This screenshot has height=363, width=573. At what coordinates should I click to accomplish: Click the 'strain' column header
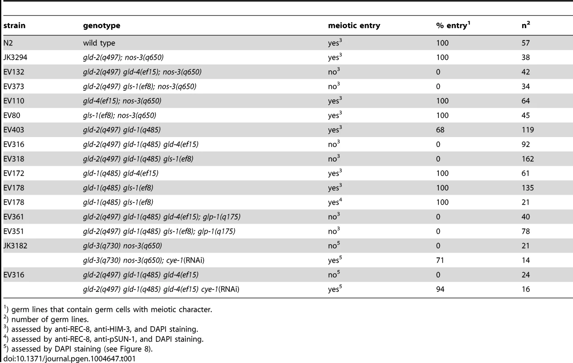tap(15, 25)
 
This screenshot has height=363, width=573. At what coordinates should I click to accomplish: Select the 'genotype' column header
tap(102, 26)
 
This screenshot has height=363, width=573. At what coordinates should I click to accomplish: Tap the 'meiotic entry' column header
tap(354, 25)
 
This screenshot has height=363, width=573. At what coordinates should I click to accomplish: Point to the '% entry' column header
tap(453, 25)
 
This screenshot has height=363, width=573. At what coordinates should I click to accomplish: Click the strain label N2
tap(8, 43)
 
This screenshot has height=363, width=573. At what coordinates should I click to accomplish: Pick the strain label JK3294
tap(15, 57)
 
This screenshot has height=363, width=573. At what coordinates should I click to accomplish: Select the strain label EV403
tap(14, 130)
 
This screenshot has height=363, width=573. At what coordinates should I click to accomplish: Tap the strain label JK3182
tap(15, 246)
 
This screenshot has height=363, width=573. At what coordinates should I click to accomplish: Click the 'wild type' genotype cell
tap(99, 43)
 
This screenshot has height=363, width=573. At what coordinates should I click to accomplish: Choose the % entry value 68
tap(440, 130)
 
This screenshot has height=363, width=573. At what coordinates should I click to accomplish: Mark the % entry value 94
tap(440, 289)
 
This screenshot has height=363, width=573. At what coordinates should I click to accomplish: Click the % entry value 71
tap(440, 260)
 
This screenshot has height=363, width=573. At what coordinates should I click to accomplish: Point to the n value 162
tap(528, 159)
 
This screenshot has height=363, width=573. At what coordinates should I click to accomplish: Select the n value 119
tap(528, 130)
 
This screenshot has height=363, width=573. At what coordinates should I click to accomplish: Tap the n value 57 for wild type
tap(526, 43)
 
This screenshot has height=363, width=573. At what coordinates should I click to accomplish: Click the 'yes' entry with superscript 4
tap(335, 202)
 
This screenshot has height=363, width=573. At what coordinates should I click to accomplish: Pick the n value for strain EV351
tap(526, 231)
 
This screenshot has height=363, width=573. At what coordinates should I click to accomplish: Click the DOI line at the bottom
tap(69, 358)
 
